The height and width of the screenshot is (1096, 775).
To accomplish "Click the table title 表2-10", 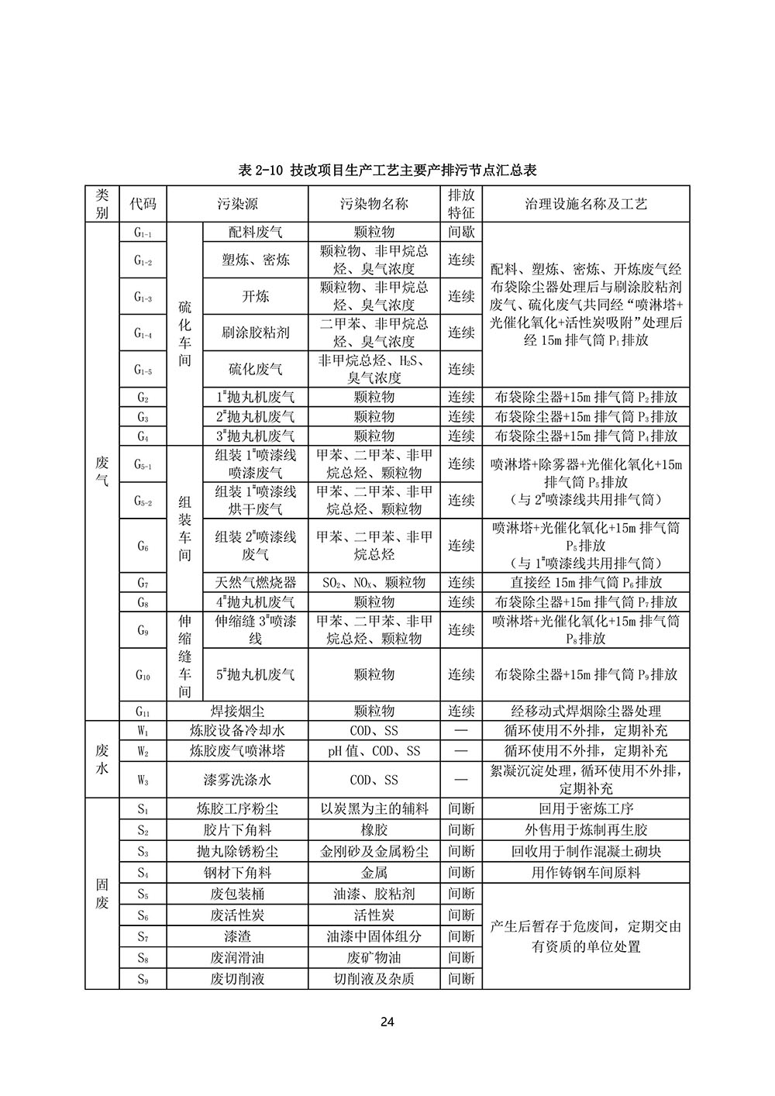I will [x=387, y=169].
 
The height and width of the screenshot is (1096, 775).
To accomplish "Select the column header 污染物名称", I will [x=374, y=204].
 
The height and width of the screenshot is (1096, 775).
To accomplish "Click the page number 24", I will [x=387, y=1022].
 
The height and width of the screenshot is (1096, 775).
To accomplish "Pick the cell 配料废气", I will [x=256, y=232].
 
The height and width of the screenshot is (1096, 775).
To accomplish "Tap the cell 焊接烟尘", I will [x=237, y=711].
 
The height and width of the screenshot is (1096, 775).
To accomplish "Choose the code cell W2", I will [x=143, y=751].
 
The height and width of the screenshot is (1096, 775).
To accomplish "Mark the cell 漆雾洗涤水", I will [x=237, y=780].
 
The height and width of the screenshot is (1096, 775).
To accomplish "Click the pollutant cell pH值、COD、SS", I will [x=374, y=751].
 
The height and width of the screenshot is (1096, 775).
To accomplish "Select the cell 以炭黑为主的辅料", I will [x=374, y=809].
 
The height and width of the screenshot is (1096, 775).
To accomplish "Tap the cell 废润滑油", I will [x=237, y=957].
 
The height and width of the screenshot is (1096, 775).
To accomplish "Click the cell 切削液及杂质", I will [x=374, y=978].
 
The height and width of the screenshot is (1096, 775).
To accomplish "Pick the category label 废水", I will [x=102, y=760].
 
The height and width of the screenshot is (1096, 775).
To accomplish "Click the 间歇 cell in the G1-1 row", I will [x=461, y=232].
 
